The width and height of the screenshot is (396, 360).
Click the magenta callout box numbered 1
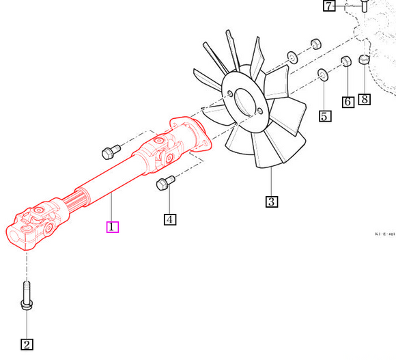113,226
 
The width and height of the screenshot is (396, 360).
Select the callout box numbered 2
27,344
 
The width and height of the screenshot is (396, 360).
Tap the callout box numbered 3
272,201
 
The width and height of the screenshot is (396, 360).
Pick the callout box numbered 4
170,219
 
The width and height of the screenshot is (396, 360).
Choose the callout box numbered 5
325,115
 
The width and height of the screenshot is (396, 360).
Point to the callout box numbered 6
348,102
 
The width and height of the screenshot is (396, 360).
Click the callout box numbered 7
330,6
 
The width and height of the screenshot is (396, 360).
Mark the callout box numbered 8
365,99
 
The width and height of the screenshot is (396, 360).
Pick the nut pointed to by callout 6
345,62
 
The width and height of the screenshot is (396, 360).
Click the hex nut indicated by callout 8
364,62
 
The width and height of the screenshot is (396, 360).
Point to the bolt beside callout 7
363,6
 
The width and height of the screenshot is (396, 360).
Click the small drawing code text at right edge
384,234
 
